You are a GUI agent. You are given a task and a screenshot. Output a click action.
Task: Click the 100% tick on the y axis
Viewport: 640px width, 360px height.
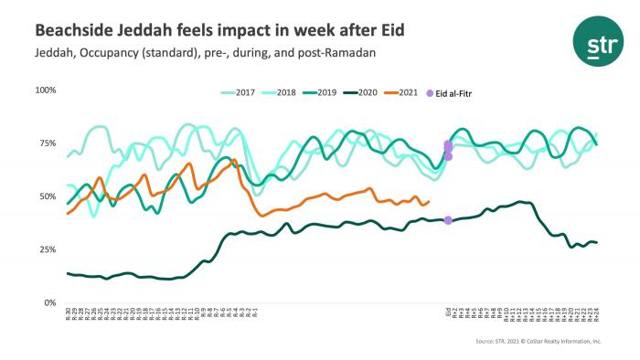(x=46, y=90)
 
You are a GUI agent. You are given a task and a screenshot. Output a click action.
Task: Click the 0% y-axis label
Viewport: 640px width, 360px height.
(x=50, y=302)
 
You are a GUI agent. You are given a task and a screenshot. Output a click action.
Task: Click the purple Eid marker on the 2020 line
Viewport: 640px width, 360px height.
(x=448, y=220)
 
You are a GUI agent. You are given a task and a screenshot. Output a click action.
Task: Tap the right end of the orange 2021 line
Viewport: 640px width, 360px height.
(x=429, y=202)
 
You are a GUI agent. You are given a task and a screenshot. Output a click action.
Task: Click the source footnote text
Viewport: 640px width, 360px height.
(x=539, y=341)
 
